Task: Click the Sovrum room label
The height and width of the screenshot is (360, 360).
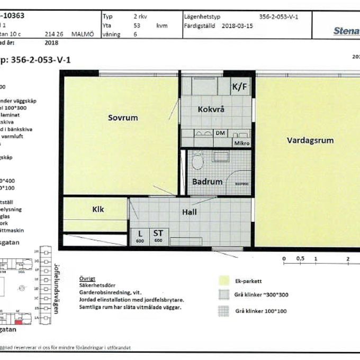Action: [x=123, y=118]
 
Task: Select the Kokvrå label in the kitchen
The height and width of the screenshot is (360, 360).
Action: [x=211, y=110]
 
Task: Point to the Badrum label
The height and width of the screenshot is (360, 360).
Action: [x=207, y=182]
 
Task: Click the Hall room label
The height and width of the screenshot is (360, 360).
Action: [x=189, y=212]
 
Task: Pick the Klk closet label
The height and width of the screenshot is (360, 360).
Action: [x=98, y=210]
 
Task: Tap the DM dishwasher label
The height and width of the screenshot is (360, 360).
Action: [x=220, y=133]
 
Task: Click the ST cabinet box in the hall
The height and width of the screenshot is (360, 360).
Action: [x=158, y=236]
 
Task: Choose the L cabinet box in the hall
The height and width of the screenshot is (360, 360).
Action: [x=140, y=236]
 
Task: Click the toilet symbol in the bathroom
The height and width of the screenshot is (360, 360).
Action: [x=197, y=160]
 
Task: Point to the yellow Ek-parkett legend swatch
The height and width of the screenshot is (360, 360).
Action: [x=224, y=281]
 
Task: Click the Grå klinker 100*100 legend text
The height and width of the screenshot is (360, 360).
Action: [x=260, y=311]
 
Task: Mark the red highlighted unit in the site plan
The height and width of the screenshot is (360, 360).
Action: [x=19, y=321]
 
